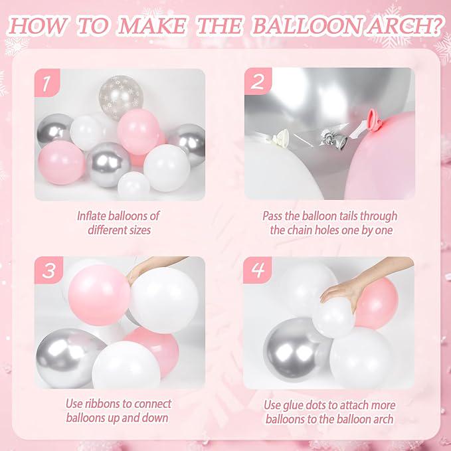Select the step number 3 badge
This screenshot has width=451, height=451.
pos(47,271)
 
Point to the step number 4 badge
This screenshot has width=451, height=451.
pos(257,271)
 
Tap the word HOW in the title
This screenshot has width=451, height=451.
pos(41,27)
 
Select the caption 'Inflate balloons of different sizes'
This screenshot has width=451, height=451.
pos(118,223)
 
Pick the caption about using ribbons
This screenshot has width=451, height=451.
pos(118,410)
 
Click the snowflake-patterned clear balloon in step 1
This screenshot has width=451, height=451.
pos(121,96)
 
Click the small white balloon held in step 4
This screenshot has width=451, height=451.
pos(333,317)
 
